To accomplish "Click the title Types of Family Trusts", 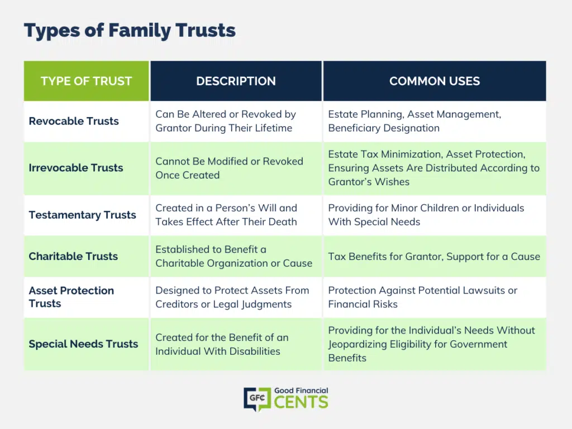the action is tap(130, 31).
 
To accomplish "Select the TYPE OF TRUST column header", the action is tap(86, 81).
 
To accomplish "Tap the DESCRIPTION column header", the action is tap(236, 81).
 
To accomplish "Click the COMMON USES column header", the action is tap(435, 81).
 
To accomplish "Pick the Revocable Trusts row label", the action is tap(74, 121).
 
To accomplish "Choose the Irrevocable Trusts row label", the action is tap(76, 167).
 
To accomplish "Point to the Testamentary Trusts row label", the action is tap(83, 215).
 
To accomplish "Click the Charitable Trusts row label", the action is tap(73, 256).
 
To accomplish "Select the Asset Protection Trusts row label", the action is tap(71, 297).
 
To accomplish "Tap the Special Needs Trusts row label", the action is tap(84, 344).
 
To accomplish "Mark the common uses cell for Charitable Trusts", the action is tap(434, 257).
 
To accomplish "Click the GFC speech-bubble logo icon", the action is tap(258, 399).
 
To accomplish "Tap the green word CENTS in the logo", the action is tap(301, 402).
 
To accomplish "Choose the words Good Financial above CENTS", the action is tap(301, 391).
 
